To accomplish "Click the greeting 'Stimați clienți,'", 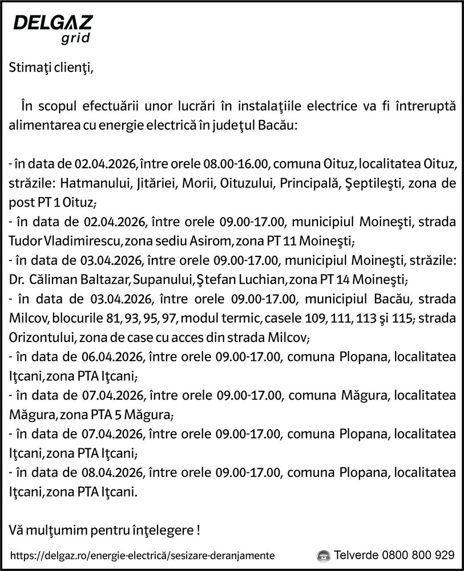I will click(x=50, y=69).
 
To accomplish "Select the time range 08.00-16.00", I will click(x=235, y=165).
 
